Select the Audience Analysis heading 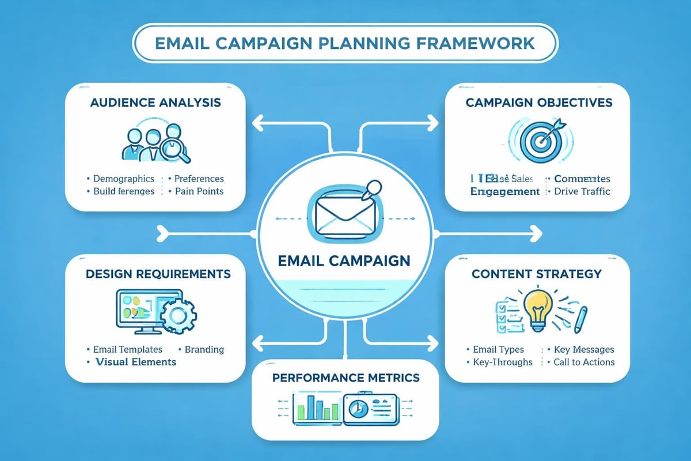155,103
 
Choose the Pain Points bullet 199,191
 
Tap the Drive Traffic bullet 580,191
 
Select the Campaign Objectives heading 538,103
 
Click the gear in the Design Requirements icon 178,315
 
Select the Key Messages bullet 583,349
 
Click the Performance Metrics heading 345,378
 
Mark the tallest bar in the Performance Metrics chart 312,408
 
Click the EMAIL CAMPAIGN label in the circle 344,260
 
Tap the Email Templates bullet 127,349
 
